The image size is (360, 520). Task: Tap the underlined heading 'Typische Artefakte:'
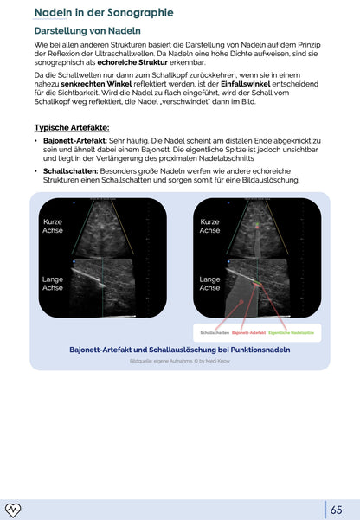(x=72, y=128)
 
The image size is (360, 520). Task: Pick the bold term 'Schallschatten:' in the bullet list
(x=68, y=171)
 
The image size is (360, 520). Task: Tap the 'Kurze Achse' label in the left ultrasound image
(x=52, y=227)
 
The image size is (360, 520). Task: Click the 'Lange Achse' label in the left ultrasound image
(x=52, y=284)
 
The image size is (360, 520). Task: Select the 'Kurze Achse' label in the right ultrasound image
(x=209, y=227)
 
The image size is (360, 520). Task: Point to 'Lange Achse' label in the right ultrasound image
(x=209, y=284)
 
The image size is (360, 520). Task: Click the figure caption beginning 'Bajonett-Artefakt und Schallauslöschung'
(x=179, y=350)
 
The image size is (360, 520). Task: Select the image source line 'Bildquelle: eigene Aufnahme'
(x=179, y=361)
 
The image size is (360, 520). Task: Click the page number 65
(x=337, y=510)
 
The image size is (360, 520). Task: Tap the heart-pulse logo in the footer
(x=14, y=510)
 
